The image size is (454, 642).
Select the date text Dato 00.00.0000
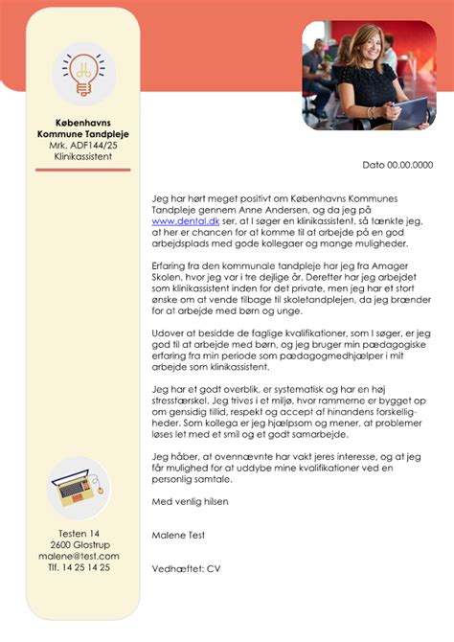pyautogui.click(x=397, y=166)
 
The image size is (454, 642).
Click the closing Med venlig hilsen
pyautogui.click(x=192, y=501)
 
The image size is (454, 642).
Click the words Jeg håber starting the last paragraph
pyautogui.click(x=174, y=457)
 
